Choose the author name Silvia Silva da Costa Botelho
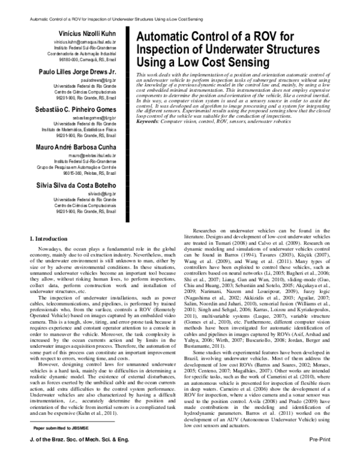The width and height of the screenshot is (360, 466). pos(82,184)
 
